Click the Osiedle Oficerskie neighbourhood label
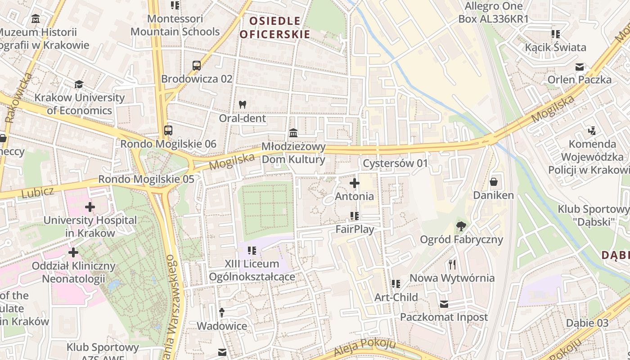pos(274,27)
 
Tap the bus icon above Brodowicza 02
pos(197,66)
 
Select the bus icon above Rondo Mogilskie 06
pos(168,130)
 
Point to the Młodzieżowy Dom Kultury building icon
pos(293,133)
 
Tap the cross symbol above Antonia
pos(355,183)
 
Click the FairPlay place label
pos(355,229)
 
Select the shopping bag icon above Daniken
pos(494,182)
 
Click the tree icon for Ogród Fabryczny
pos(461,226)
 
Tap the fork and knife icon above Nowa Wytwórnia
pos(452,264)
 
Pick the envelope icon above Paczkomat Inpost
pos(444,304)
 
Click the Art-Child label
pos(396,297)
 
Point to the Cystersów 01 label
pos(396,163)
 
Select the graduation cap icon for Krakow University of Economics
pos(79,84)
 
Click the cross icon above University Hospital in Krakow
pos(90,207)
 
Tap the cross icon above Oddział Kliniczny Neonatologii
pos(73,252)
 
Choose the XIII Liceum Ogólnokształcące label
pos(252,270)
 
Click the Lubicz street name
pos(37,192)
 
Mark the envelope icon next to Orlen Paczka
pos(580,67)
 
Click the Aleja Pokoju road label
pos(365,348)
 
